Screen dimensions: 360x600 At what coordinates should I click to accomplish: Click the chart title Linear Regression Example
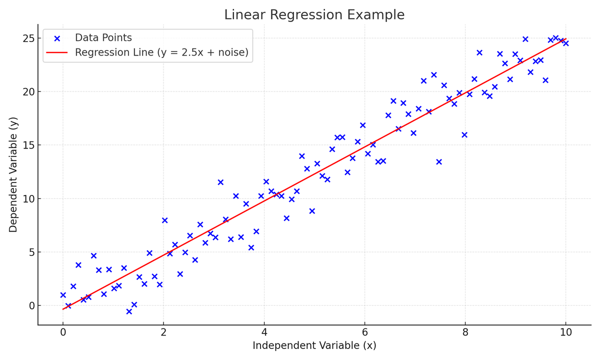pyautogui.click(x=314, y=15)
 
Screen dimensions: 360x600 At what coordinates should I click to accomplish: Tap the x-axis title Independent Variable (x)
pyautogui.click(x=314, y=345)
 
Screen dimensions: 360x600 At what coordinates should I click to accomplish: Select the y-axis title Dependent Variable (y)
pyautogui.click(x=13, y=174)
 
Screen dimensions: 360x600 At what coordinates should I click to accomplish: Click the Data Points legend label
pyautogui.click(x=103, y=38)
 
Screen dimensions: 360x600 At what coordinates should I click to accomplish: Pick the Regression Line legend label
pyautogui.click(x=161, y=52)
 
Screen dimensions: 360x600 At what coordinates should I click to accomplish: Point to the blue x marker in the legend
pyautogui.click(x=57, y=38)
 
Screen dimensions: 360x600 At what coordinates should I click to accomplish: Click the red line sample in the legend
pyautogui.click(x=57, y=52)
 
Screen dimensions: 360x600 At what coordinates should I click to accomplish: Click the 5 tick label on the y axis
pyautogui.click(x=31, y=252)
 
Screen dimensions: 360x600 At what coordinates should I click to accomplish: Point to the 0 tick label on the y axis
pyautogui.click(x=31, y=305)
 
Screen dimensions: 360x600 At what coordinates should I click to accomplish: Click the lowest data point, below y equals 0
pyautogui.click(x=129, y=311)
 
